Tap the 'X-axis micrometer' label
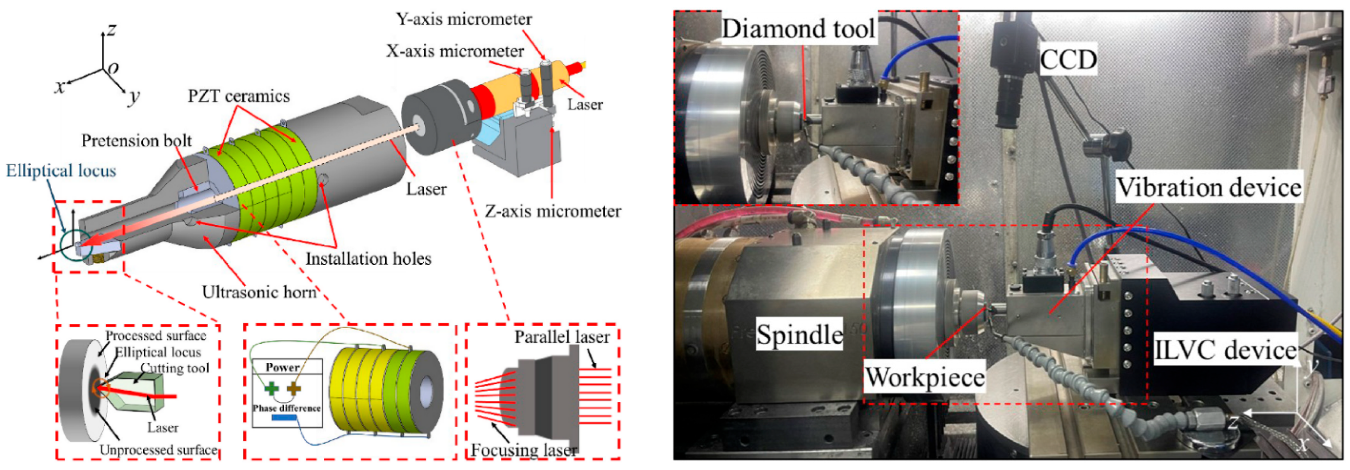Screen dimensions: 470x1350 click(455, 51)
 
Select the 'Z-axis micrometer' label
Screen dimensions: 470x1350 click(553, 211)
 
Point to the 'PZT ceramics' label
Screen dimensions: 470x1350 click(239, 96)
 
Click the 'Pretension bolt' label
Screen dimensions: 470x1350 click(136, 141)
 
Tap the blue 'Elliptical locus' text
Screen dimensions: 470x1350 click(61, 171)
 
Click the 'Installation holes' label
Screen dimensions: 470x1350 click(368, 259)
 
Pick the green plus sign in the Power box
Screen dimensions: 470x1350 click(271, 389)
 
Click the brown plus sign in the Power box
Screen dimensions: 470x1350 click(294, 389)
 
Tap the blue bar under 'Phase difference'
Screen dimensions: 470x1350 click(284, 418)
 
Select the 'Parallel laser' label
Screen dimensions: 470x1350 click(562, 337)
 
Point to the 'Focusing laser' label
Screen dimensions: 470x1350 click(523, 449)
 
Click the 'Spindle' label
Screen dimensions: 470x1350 click(799, 335)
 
